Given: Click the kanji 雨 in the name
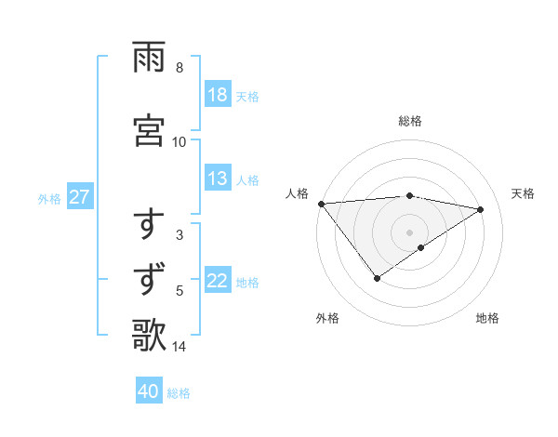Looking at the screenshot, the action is pos(149,58).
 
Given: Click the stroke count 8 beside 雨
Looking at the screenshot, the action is pos(179,68).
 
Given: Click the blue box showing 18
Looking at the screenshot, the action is pos(218,95).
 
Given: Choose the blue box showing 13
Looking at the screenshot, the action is pos(218,179).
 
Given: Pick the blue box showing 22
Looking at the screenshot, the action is pos(218,282).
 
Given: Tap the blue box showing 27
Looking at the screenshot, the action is pos(79,197).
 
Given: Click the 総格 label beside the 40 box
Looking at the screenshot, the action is pos(179,393).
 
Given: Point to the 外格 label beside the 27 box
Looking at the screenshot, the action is pos(49,198).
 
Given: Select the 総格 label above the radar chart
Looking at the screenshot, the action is pos(409,121).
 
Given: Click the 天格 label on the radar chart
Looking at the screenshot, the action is pos(523,193).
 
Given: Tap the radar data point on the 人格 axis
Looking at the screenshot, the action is pos(321,204).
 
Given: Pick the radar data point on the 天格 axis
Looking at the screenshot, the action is pos(481,209).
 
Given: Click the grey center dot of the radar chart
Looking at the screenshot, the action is pos(409,232).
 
